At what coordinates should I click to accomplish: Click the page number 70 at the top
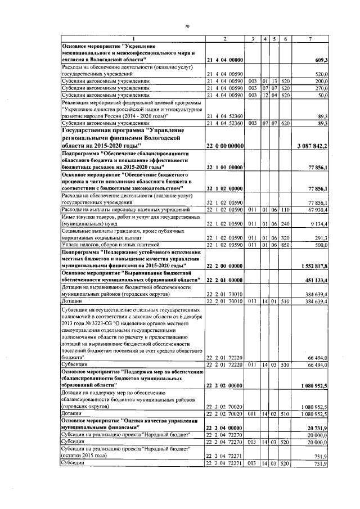[187, 26]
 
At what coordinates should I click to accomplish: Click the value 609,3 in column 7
[328, 60]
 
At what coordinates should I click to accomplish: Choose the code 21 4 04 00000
[224, 60]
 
